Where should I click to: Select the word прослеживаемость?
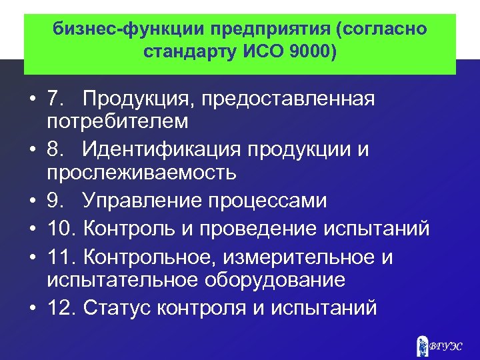point(141,172)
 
